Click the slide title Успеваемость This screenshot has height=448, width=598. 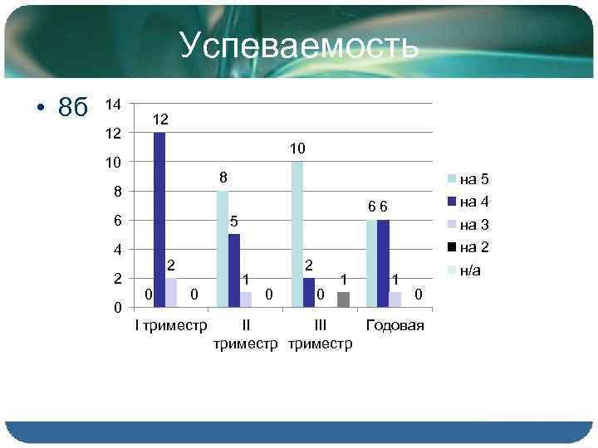click(299, 46)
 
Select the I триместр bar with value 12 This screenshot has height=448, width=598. click(159, 219)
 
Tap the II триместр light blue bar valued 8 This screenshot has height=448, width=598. click(222, 249)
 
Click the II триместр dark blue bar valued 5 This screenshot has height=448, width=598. click(234, 270)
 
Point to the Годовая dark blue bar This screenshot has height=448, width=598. click(383, 263)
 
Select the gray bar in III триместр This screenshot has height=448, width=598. click(344, 299)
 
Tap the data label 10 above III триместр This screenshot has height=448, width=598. click(298, 149)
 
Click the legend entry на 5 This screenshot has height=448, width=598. click(474, 178)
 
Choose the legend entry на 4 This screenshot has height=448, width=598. click(474, 201)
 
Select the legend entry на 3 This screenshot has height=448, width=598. click(474, 224)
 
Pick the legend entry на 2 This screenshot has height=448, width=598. click(474, 246)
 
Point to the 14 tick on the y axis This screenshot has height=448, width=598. click(114, 105)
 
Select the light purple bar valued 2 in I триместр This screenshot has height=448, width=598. click(171, 292)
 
